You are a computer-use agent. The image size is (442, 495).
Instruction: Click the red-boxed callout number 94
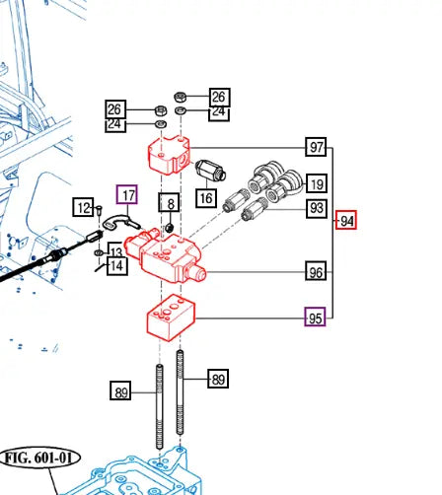pos(346,220)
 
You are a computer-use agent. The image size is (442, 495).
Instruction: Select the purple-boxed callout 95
pos(315,317)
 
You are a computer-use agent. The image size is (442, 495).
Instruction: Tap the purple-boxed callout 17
pos(127,194)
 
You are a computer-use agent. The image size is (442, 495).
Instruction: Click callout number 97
pos(316,147)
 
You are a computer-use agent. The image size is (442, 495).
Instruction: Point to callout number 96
pos(316,271)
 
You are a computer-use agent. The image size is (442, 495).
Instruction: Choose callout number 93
pos(317,208)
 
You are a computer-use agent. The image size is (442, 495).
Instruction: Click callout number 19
pos(317,183)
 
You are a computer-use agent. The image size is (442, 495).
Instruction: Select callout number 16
pos(206,198)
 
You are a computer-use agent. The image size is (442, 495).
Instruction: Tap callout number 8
pos(169,202)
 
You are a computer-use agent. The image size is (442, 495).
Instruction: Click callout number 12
pos(84,207)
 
